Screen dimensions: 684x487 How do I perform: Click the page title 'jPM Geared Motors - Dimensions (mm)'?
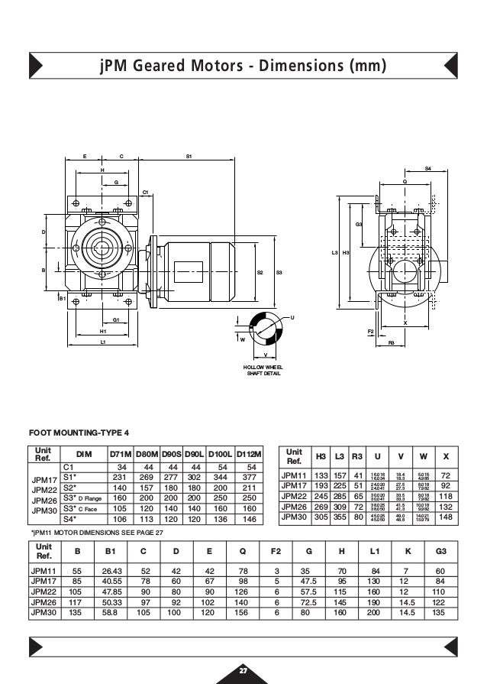pos(243,66)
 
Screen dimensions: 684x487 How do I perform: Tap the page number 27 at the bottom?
pos(243,670)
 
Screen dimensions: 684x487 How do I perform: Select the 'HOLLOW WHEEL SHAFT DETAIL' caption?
pos(263,370)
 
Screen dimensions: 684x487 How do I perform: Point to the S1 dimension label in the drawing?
pos(189,157)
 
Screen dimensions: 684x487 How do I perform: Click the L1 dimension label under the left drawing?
pos(103,342)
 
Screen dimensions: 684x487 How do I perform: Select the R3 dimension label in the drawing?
pos(391,343)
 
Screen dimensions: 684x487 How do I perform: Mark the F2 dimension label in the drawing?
pos(370,330)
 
